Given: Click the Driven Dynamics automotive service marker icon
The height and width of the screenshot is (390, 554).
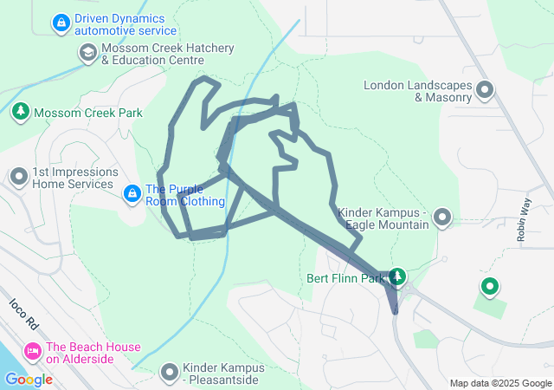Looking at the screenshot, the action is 61,23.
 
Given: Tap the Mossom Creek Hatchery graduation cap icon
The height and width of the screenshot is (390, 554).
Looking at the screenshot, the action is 87,53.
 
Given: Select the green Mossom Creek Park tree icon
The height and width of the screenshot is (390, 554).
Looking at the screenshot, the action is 20,112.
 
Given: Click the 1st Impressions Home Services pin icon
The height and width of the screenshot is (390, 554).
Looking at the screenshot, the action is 18,178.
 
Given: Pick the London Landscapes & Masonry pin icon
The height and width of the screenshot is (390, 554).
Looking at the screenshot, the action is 485,90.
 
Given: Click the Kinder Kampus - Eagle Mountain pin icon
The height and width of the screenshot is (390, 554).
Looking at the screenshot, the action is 442,218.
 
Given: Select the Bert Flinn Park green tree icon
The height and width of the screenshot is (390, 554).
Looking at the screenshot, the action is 397,277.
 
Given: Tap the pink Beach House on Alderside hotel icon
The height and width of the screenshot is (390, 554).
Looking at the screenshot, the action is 33,352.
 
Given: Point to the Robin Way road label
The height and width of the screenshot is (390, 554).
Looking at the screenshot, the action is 522,223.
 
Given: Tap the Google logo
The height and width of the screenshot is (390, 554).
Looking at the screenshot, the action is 28,380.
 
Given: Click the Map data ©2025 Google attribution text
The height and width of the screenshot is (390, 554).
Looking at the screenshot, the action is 499,383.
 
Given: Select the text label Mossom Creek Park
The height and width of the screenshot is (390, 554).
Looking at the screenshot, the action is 88,113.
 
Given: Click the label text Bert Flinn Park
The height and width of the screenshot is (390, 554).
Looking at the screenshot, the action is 345,279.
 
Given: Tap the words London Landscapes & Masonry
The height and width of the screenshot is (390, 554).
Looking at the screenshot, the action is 418,91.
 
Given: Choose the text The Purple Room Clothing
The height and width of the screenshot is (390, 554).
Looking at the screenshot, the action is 185,196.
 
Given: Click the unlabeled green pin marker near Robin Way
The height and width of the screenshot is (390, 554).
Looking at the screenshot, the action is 489,286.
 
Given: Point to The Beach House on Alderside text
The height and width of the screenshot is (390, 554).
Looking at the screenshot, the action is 93,353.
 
